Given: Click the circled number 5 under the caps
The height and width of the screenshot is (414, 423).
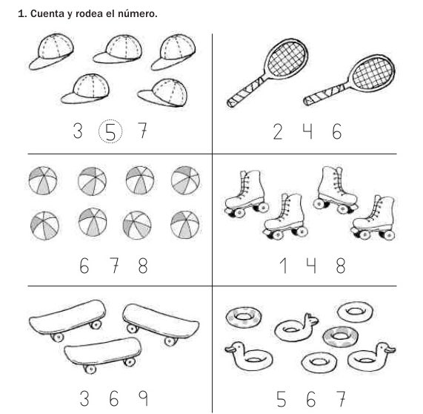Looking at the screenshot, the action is [110, 131].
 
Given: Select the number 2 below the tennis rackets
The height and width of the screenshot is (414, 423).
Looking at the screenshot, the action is [278, 131].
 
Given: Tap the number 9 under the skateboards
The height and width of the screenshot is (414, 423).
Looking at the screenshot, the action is [143, 398].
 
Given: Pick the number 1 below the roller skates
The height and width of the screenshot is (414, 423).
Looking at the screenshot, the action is [283, 266].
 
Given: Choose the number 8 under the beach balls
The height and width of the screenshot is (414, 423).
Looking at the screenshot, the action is [143, 266].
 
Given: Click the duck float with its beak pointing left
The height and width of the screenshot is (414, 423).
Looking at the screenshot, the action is [248, 355].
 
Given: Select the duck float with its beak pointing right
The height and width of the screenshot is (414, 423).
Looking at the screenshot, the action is [371, 357].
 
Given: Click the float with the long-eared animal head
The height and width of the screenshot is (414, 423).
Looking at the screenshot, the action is [296, 327].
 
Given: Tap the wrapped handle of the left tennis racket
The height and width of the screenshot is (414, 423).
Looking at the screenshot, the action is [245, 93].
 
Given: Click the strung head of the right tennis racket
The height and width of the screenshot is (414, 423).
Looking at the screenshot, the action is [373, 73].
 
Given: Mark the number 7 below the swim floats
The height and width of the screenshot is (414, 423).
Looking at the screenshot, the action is [341, 398].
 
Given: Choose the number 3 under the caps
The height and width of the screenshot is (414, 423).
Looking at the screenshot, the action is [78, 131].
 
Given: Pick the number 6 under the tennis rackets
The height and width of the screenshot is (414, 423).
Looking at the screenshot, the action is [336, 131].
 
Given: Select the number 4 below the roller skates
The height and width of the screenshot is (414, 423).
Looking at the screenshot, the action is [311, 266].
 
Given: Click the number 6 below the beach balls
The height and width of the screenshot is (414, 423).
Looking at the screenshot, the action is [84, 266].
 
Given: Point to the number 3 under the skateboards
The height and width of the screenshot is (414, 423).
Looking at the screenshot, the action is [84, 398].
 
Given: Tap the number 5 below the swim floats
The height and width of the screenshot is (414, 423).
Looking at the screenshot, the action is [282, 398].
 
